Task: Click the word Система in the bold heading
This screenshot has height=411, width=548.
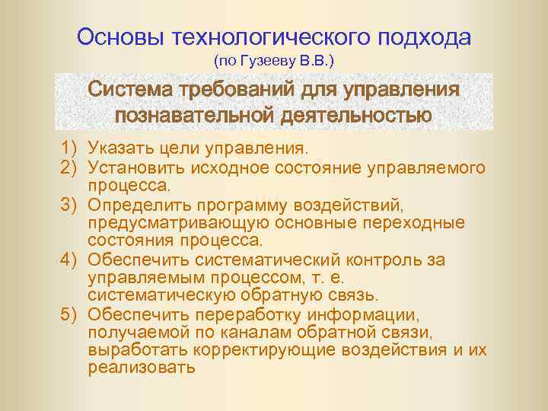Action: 130,90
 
